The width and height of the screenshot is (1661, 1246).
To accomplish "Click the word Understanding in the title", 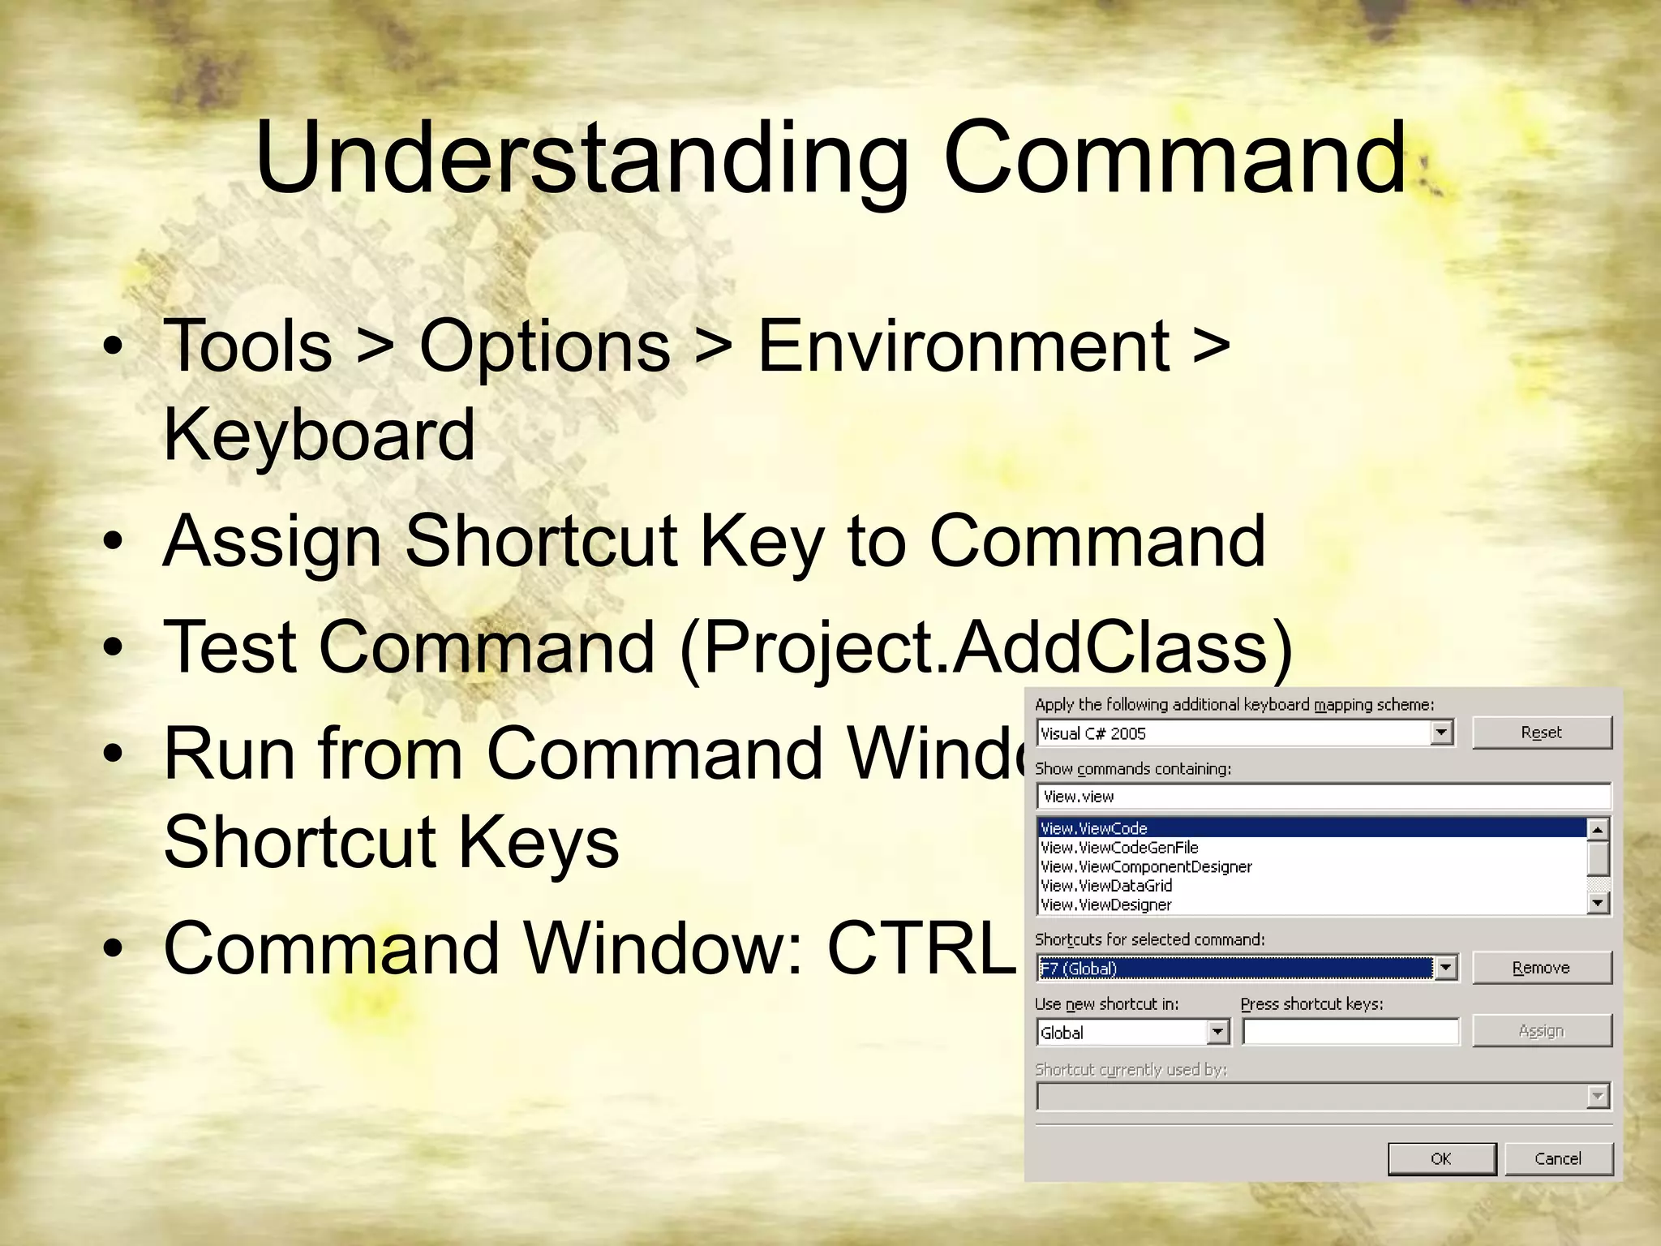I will [581, 158].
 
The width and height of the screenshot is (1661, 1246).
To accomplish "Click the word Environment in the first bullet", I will [964, 346].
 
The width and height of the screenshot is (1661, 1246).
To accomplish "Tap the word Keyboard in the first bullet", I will [319, 435].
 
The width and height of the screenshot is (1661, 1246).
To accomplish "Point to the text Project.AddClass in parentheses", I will [985, 647].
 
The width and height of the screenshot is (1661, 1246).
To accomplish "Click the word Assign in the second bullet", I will [272, 541].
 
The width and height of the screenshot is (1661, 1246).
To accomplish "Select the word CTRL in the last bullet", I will [921, 947].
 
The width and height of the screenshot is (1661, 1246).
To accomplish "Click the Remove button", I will [1541, 968].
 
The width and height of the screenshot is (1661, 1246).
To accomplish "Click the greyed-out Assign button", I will [1541, 1031].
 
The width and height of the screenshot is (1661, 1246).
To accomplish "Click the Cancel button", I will [1558, 1158].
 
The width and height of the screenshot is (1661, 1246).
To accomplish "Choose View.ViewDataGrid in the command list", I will [1106, 886].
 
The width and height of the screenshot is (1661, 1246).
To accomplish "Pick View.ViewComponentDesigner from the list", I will [1146, 866].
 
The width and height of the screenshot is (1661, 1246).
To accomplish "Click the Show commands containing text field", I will [1322, 797].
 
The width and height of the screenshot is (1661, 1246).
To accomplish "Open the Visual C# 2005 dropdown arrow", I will [1440, 733].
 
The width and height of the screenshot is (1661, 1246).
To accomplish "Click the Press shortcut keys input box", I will [1350, 1032].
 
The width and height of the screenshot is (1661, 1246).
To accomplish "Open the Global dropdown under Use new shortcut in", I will [1217, 1032].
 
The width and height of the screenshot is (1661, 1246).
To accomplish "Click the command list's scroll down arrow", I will [1597, 903].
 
